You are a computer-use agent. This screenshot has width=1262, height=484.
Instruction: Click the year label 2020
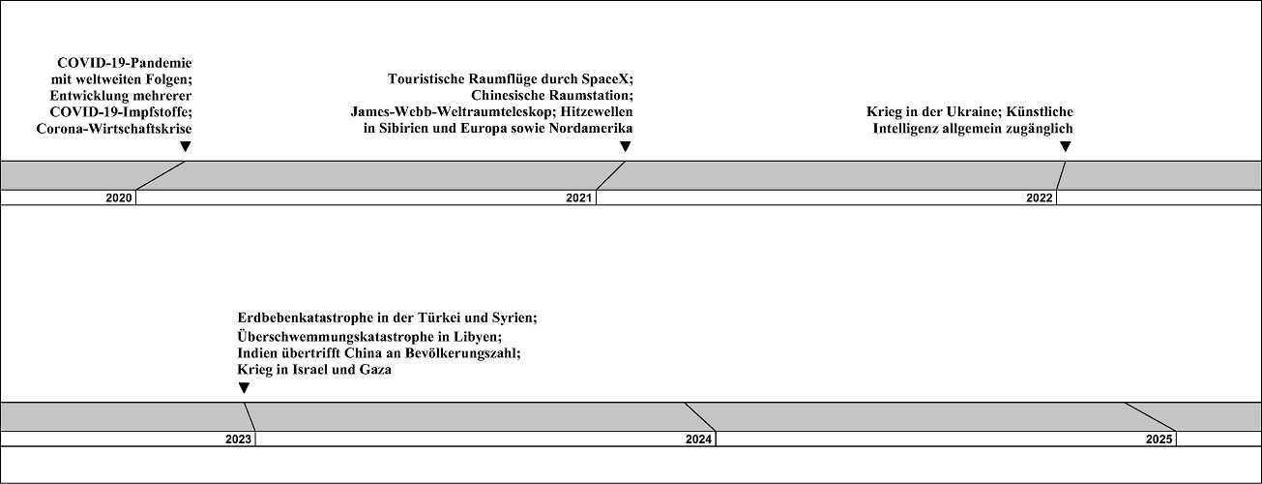point(119,198)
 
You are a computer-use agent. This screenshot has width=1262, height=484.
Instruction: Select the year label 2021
point(579,198)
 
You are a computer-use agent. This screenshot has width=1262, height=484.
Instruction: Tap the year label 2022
point(1040,198)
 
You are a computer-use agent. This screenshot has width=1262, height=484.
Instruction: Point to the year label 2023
point(238,439)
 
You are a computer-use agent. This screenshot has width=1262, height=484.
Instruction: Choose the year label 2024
point(698,439)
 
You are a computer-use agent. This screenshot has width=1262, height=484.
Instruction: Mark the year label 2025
point(1159,439)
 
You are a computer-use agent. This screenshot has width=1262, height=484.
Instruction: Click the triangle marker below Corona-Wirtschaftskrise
point(186,147)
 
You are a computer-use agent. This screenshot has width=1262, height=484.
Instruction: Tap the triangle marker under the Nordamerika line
point(625,147)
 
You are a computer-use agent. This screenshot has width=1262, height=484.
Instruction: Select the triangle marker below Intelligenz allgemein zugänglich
point(1065,147)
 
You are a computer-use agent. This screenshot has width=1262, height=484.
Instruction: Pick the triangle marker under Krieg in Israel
point(244,388)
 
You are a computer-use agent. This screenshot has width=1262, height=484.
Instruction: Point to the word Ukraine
point(974,111)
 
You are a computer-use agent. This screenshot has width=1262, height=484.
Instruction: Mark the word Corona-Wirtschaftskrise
point(114,129)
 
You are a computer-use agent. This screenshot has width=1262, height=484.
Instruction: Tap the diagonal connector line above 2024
point(700,417)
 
